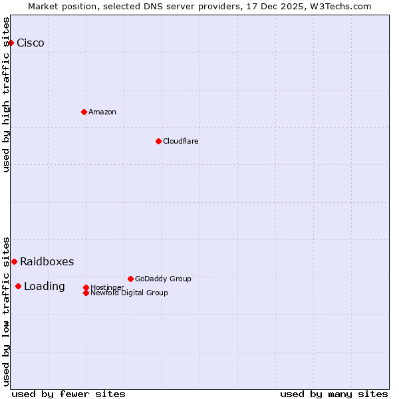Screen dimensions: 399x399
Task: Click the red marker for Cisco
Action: [x=11, y=43]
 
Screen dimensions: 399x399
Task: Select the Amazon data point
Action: [x=84, y=112]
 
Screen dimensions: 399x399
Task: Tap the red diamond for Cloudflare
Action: [x=158, y=141]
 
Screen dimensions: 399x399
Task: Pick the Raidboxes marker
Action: [x=14, y=261]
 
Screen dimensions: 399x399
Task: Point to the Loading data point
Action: [x=18, y=286]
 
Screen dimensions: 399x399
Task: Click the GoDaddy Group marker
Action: [x=130, y=279]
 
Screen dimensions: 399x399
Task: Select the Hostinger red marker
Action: [x=86, y=287]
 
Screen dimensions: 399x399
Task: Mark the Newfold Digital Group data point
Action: [x=86, y=293]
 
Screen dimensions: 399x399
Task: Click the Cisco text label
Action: [x=31, y=43]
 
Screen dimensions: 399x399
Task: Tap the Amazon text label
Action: [x=102, y=112]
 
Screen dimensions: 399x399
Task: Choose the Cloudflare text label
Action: [x=181, y=141]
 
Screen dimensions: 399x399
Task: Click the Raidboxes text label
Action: [x=47, y=262]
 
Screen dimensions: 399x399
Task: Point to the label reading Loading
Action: [x=45, y=287]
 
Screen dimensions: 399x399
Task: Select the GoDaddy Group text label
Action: [x=163, y=279]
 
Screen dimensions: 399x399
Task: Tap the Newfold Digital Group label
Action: [x=129, y=293]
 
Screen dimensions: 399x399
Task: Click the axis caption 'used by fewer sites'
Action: [x=68, y=394]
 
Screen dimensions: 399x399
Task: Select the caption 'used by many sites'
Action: [x=334, y=394]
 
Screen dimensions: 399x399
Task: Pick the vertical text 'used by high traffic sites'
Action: [x=6, y=94]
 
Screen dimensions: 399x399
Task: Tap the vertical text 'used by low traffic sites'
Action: [x=6, y=311]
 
